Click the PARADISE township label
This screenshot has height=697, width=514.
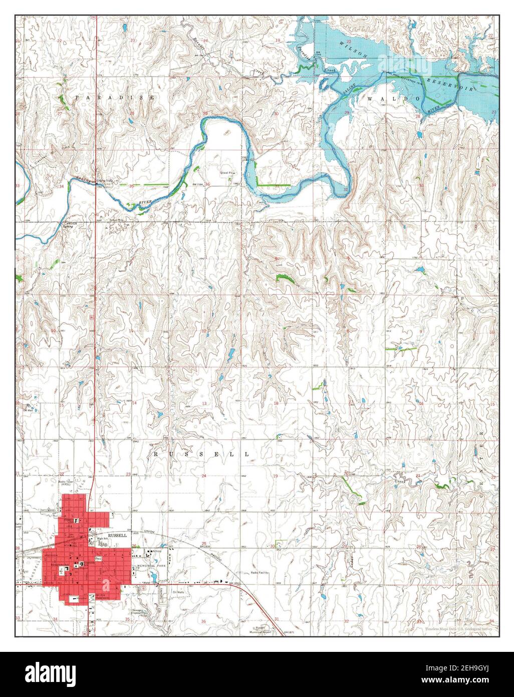(115, 98)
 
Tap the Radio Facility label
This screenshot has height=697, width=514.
(261, 572)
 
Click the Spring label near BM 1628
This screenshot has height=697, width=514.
(69, 227)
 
